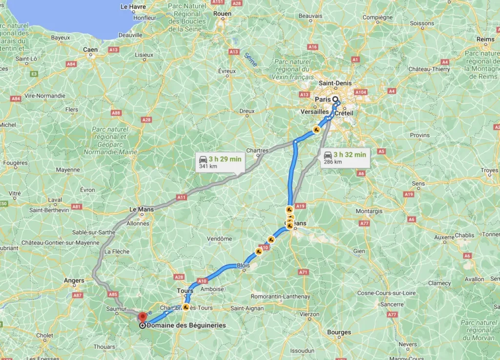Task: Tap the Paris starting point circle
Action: [335, 99]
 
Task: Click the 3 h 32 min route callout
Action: [345, 158]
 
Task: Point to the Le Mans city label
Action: [141, 210]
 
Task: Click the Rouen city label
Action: [222, 14]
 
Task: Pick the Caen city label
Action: [90, 49]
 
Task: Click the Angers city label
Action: [74, 280]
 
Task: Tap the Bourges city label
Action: [339, 332]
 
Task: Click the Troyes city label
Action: [489, 170]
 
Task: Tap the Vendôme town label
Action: [219, 238]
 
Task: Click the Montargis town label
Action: [369, 211]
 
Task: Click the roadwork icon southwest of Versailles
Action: [316, 130]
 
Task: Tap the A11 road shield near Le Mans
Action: [182, 197]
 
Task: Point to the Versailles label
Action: [314, 111]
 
